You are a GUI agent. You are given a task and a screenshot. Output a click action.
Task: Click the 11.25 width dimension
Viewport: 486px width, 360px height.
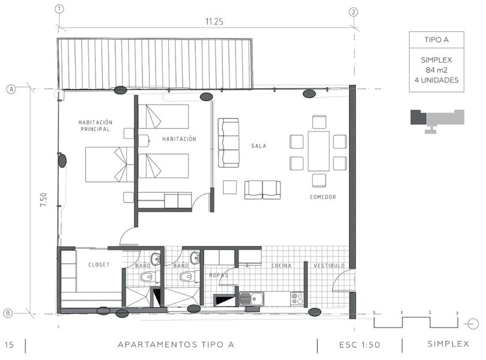214,22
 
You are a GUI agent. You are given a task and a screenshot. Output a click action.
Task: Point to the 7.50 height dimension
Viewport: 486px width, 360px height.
43,200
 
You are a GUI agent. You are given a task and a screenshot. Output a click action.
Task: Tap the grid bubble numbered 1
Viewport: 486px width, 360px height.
59,9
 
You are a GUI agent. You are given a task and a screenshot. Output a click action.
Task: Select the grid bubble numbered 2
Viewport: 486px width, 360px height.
353,12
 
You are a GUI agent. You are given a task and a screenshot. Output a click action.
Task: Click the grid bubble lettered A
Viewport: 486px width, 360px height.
11,90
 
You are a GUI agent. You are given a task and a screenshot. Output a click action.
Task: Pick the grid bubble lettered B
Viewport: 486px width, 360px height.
8,313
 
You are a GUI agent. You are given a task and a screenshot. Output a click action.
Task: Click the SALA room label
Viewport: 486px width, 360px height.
259,145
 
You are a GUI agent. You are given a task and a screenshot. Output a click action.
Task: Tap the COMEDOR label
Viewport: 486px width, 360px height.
323,197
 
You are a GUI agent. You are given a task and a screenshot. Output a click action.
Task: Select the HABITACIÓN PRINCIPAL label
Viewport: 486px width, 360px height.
95,126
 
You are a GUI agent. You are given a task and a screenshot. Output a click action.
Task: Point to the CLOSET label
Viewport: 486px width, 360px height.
99,264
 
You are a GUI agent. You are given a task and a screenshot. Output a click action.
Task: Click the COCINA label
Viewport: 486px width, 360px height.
281,266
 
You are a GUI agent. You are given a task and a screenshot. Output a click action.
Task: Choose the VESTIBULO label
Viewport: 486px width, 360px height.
329,266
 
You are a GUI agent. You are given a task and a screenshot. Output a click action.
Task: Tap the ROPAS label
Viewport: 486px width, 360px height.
219,275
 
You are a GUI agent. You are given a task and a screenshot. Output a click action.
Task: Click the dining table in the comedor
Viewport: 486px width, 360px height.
318,151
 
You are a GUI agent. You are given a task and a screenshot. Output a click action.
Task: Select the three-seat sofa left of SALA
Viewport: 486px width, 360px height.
228,142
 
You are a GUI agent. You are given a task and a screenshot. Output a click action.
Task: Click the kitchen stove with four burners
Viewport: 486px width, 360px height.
297,298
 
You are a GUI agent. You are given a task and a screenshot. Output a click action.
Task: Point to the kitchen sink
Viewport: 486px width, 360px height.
252,299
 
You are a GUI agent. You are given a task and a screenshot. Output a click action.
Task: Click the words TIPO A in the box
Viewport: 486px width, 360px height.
436,40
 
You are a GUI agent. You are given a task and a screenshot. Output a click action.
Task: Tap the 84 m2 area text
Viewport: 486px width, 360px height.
436,70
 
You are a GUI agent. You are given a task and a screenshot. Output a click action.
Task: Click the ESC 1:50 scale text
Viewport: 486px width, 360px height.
359,345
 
